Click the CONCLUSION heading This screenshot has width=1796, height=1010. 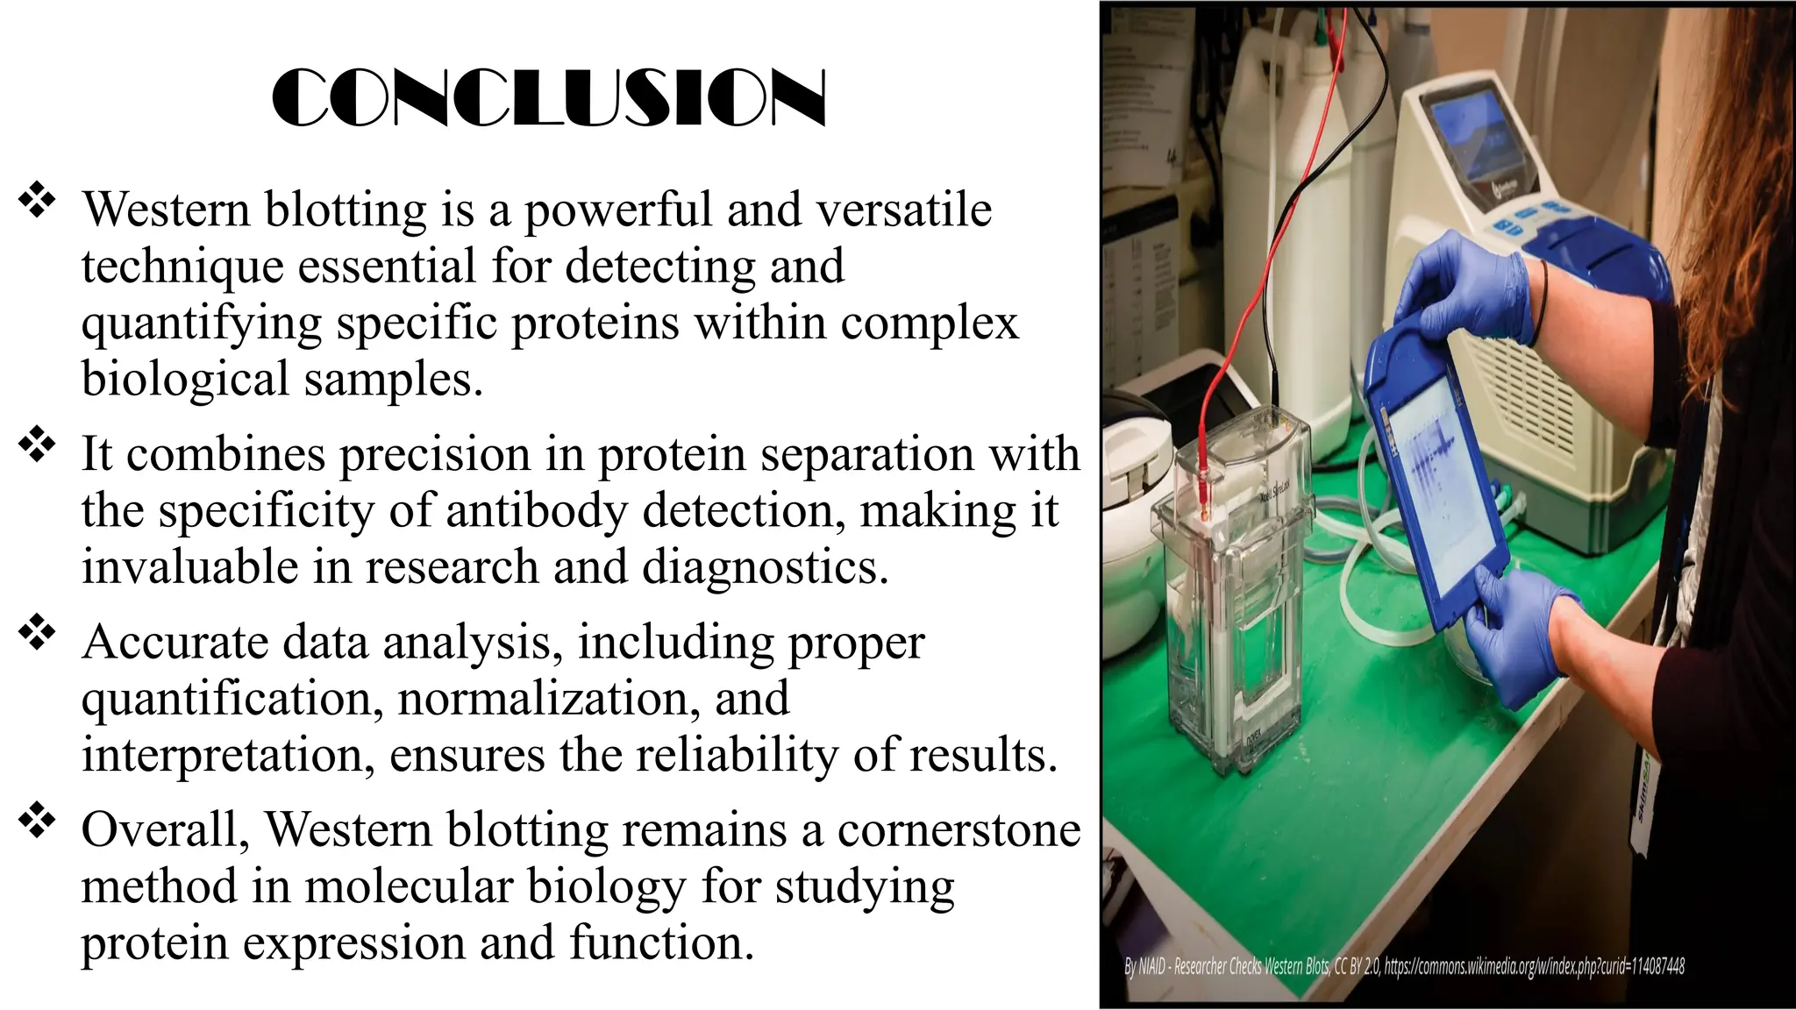549,98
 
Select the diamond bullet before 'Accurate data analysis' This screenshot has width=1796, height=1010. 37,632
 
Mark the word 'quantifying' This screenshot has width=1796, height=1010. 203,324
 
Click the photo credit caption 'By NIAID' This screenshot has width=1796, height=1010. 1403,967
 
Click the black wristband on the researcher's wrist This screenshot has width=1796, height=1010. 1541,302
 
